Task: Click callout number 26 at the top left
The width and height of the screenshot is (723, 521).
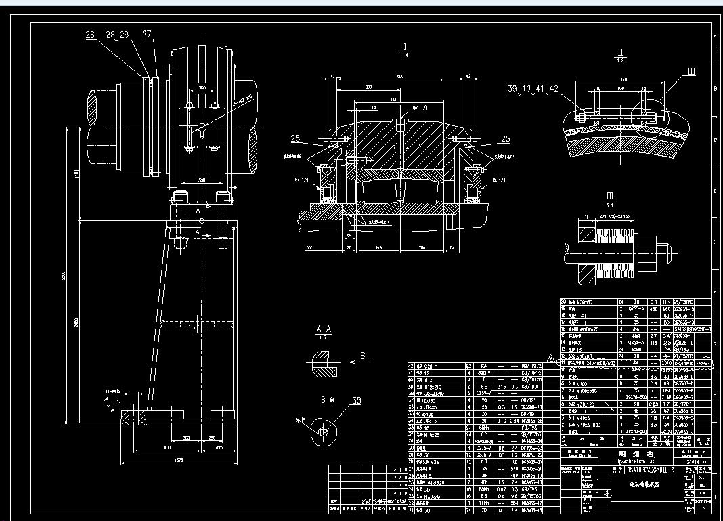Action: [x=90, y=34]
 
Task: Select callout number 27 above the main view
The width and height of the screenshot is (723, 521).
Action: [x=147, y=34]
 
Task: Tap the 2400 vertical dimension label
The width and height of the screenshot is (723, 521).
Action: [x=76, y=320]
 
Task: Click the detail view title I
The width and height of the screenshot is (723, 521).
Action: [x=405, y=47]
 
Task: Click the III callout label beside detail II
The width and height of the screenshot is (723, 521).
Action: [x=691, y=71]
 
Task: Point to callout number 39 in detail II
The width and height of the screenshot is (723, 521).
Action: [x=512, y=89]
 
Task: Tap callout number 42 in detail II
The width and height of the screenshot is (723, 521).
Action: [x=554, y=89]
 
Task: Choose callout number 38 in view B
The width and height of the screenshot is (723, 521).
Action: [x=356, y=400]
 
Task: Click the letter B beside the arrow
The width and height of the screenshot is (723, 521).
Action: [x=362, y=355]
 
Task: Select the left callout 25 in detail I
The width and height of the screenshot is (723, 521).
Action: [x=296, y=138]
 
